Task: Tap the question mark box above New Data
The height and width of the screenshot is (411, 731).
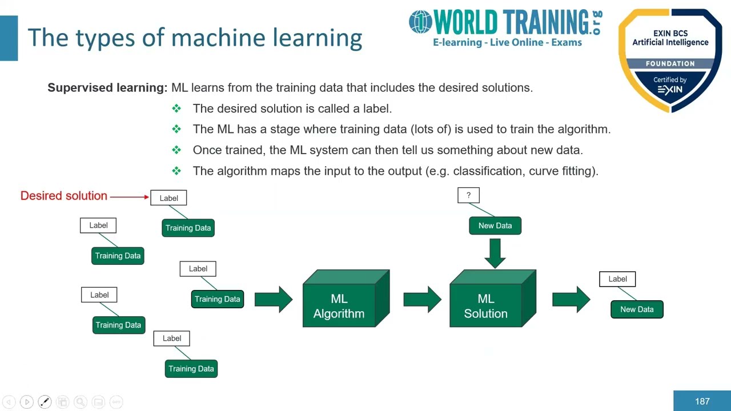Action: pos(468,195)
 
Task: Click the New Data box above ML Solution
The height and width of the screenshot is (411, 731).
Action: pos(495,225)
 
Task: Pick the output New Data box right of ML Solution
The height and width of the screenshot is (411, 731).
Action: pos(637,309)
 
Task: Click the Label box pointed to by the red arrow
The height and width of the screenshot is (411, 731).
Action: pos(168,198)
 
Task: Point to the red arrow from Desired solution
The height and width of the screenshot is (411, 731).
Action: pos(130,196)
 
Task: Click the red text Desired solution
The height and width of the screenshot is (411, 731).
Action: pos(64,196)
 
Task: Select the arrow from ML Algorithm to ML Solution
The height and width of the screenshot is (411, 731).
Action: pos(422,299)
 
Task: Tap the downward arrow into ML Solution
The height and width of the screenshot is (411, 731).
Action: pos(495,252)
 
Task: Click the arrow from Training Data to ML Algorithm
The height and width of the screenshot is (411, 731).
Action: pos(274,299)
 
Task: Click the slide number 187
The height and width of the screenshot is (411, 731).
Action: pos(702,401)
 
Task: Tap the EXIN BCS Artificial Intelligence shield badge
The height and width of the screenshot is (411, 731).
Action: pos(670,60)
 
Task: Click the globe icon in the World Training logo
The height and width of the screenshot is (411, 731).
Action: pos(420,22)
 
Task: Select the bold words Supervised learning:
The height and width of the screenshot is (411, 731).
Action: pos(107,87)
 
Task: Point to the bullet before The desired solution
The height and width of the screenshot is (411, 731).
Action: pos(176,108)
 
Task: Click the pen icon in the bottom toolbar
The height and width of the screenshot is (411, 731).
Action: pos(45,402)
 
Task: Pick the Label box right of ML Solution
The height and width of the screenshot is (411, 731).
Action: pos(617,279)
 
